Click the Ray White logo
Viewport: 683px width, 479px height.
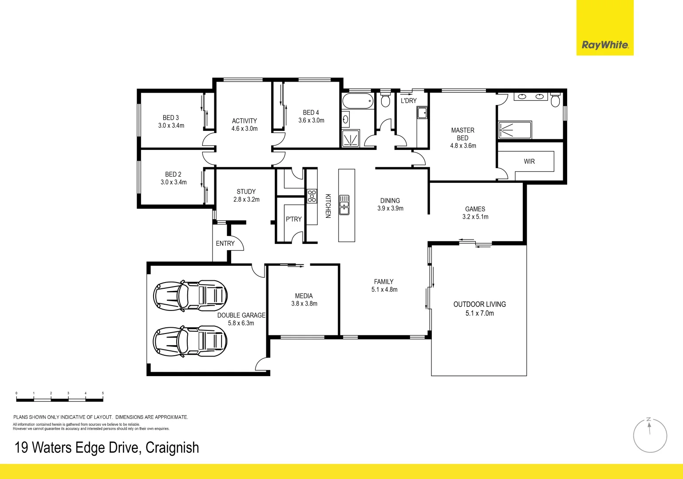pyautogui.click(x=604, y=45)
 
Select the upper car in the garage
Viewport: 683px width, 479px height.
pyautogui.click(x=190, y=295)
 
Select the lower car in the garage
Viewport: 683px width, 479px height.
pyautogui.click(x=190, y=341)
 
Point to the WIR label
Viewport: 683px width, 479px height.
pyautogui.click(x=529, y=161)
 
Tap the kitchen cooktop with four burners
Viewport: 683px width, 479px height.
pyautogui.click(x=312, y=196)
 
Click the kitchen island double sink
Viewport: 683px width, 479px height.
pyautogui.click(x=344, y=205)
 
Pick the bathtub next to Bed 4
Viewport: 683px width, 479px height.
pyautogui.click(x=358, y=102)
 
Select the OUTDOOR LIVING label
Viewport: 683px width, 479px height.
pyautogui.click(x=479, y=304)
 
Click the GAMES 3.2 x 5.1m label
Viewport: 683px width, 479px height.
pyautogui.click(x=475, y=213)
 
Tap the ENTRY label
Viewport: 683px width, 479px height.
pyautogui.click(x=225, y=243)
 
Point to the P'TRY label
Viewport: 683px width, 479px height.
pyautogui.click(x=293, y=219)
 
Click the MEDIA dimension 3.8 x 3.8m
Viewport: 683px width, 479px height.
pyautogui.click(x=304, y=304)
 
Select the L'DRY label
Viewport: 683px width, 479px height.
pyautogui.click(x=408, y=101)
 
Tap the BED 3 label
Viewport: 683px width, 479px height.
pyautogui.click(x=171, y=118)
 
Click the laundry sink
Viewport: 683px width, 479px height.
pyautogui.click(x=422, y=113)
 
